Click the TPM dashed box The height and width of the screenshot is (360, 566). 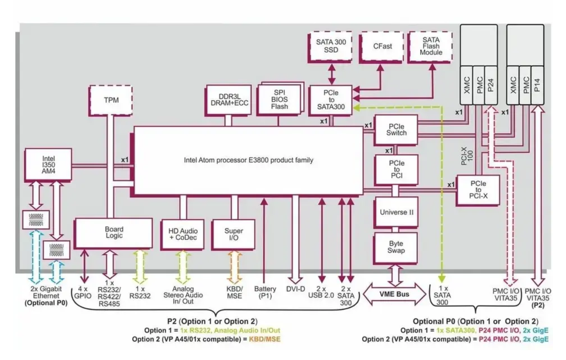(x=111, y=100)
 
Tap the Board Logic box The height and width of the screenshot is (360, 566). (x=113, y=233)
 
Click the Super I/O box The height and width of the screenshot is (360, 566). (x=234, y=234)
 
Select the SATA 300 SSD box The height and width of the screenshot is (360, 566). (x=331, y=46)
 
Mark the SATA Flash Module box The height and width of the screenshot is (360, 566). (x=431, y=46)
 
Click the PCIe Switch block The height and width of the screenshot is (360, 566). (x=396, y=130)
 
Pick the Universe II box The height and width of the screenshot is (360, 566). (x=396, y=211)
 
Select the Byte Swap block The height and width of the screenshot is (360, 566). (x=396, y=247)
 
